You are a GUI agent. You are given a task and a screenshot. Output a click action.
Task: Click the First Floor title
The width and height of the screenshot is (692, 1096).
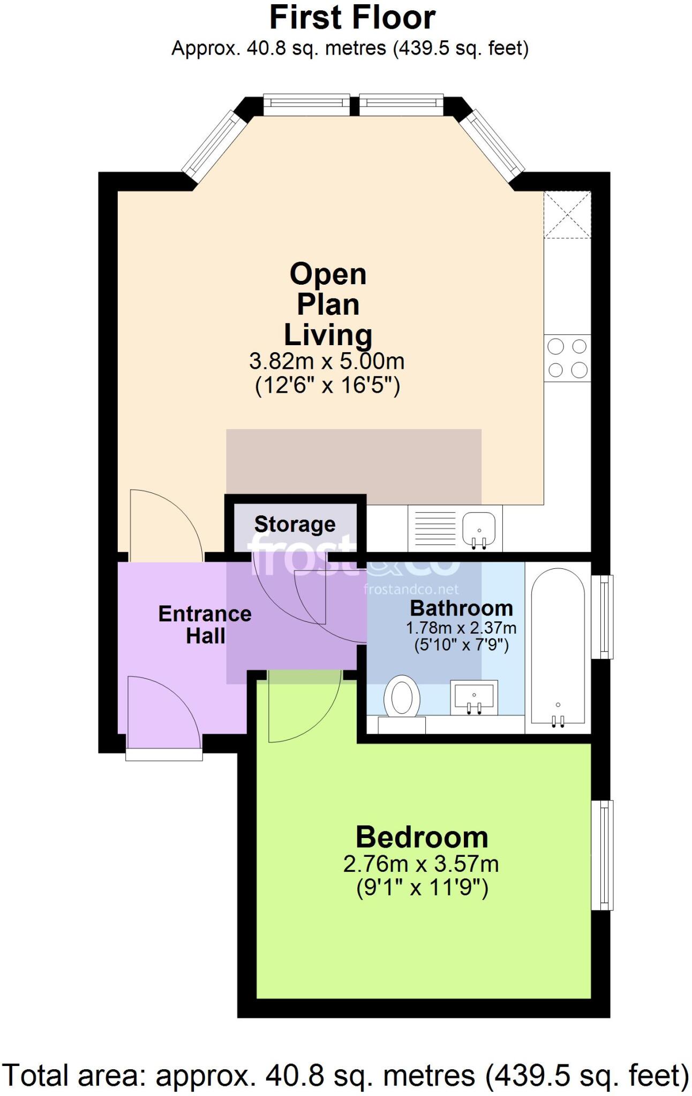[x=352, y=18]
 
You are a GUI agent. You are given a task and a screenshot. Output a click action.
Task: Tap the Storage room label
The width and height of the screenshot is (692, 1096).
[x=295, y=524]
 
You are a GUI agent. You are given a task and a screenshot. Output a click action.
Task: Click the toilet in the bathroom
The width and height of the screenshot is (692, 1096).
[x=402, y=697]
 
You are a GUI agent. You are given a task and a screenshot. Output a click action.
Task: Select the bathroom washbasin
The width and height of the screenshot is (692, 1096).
[x=473, y=697]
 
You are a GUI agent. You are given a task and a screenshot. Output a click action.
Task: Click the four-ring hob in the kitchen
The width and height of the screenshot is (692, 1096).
[x=567, y=358]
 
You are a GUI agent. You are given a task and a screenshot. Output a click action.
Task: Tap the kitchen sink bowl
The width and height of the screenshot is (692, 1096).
[x=479, y=528]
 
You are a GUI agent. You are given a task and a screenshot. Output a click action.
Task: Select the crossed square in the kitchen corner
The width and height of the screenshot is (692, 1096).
[x=567, y=215]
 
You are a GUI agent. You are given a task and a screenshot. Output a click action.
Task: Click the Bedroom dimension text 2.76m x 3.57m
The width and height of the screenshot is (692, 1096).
[x=421, y=864]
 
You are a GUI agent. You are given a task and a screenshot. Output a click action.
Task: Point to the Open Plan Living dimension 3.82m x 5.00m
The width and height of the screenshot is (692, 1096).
[x=327, y=362]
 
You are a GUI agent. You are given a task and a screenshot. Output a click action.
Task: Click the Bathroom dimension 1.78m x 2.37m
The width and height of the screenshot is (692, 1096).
[x=461, y=628]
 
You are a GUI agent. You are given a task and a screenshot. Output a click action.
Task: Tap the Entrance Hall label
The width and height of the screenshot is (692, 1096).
[x=205, y=625]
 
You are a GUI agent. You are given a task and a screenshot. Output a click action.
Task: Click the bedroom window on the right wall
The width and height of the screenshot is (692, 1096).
[x=602, y=855]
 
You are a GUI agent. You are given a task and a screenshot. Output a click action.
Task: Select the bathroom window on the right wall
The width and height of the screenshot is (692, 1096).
[x=602, y=616]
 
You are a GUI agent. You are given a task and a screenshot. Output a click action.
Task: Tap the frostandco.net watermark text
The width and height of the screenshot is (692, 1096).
[x=411, y=590]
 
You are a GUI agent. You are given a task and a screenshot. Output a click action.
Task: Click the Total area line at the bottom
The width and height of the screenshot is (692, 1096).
[x=346, y=1075]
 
